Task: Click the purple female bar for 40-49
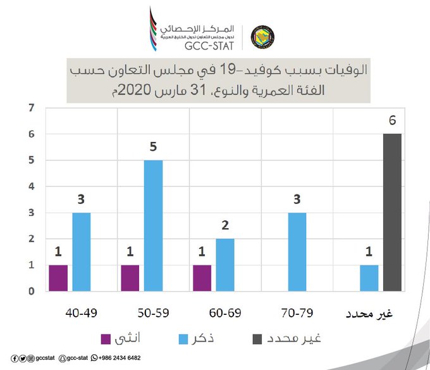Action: [x=58, y=278]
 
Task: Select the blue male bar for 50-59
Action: [x=153, y=226]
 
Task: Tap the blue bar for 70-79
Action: [x=297, y=252]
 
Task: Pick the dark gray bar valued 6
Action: [x=392, y=212]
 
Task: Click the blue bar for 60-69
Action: [x=225, y=265]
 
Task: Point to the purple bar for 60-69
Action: [x=202, y=278]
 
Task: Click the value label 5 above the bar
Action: [x=153, y=147]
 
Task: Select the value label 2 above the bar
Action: [x=225, y=226]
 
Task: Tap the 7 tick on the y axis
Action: [x=32, y=108]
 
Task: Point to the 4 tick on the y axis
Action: [x=32, y=186]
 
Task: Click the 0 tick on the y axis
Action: [x=32, y=291]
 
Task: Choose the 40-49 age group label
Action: [x=81, y=313]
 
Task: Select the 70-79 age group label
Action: [x=297, y=313]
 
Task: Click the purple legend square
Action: [x=106, y=339]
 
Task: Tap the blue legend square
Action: [x=183, y=339]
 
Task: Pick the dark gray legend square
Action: [x=257, y=339]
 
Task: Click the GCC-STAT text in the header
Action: [x=209, y=46]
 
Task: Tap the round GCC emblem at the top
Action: [x=262, y=37]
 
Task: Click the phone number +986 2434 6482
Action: [x=120, y=358]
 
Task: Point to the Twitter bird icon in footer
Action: [x=23, y=359]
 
